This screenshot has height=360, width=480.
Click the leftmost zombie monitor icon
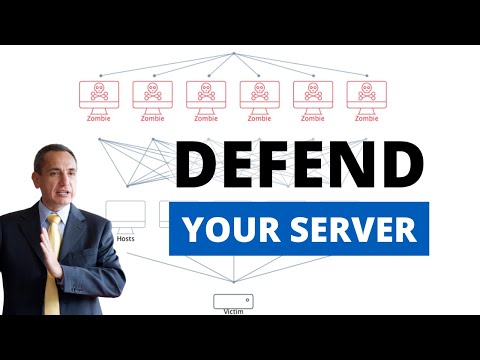[99, 94]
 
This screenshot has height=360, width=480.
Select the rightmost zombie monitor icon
[366, 94]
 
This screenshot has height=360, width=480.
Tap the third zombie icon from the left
[206, 94]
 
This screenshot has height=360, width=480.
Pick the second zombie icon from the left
[152, 94]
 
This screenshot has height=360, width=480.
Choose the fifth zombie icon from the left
[313, 94]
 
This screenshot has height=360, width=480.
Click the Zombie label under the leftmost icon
[99, 118]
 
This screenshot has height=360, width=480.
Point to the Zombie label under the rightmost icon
[366, 118]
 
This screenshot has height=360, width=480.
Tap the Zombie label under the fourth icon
[259, 118]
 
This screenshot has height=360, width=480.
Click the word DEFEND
[300, 164]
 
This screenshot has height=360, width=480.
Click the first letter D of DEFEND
[198, 164]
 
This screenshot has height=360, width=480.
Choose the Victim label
[233, 311]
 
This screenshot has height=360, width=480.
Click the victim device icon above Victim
[233, 300]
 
